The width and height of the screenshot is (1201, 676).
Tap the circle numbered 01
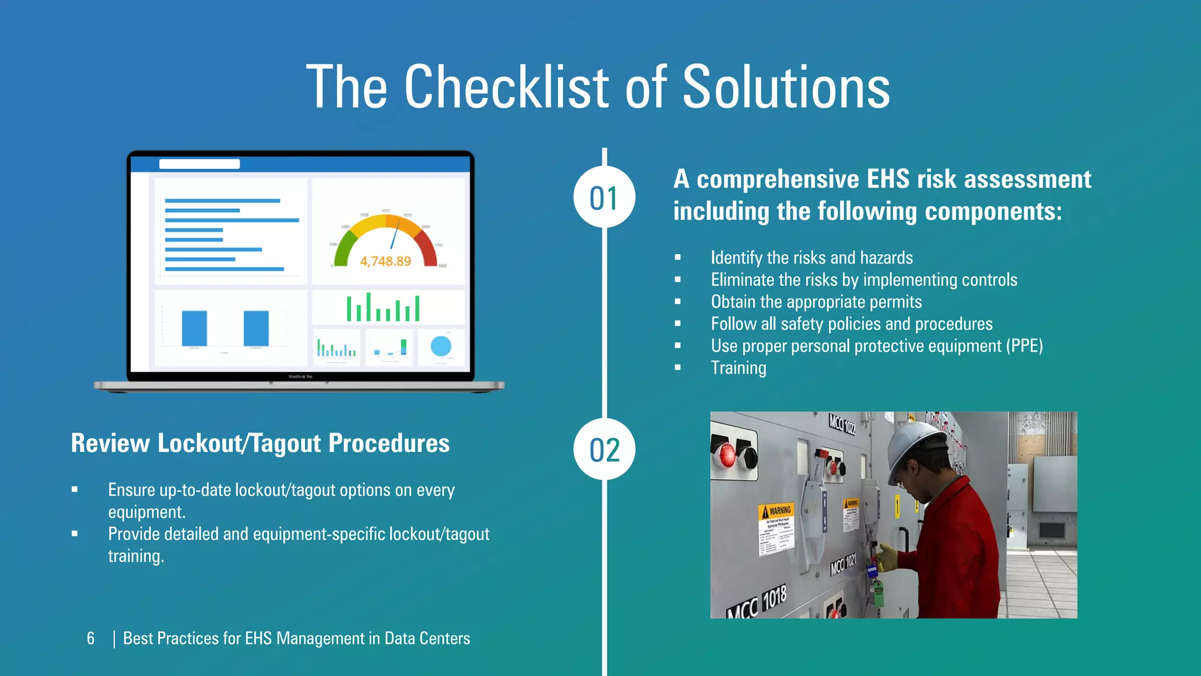click(x=604, y=197)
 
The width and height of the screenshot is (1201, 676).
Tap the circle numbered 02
click(x=604, y=449)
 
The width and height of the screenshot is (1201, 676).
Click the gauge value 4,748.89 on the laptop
click(x=385, y=261)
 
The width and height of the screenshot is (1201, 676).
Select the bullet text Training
click(x=738, y=368)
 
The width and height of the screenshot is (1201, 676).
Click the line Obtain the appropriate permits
click(x=816, y=302)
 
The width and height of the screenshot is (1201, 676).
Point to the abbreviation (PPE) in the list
click(x=1024, y=346)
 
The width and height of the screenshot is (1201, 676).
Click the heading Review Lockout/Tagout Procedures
click(x=260, y=443)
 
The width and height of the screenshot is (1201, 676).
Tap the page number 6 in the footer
click(x=90, y=638)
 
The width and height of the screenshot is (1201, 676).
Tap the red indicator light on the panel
click(x=727, y=455)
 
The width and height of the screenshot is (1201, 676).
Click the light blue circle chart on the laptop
click(x=441, y=346)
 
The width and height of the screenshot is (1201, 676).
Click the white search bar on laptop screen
click(x=199, y=164)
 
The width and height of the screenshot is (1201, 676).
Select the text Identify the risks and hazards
click(x=811, y=258)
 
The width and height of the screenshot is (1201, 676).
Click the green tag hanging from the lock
click(x=877, y=593)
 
